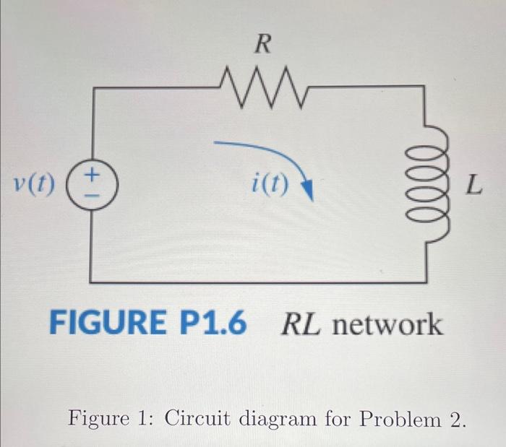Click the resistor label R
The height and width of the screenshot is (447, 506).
point(263,45)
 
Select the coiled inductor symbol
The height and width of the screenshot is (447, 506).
point(437,186)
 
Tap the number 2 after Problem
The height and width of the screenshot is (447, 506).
point(453,417)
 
